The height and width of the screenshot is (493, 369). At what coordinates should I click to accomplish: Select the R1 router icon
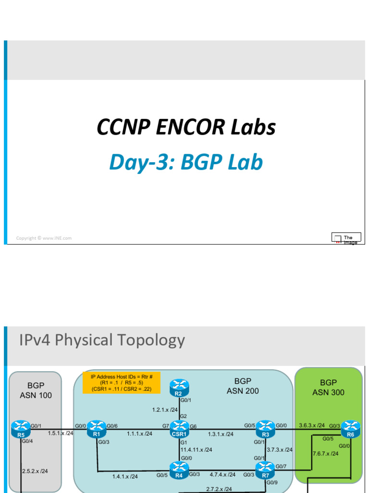97,427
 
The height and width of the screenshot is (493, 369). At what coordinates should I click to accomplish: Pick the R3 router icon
265,427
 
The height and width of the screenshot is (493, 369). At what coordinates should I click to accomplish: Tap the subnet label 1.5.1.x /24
61,433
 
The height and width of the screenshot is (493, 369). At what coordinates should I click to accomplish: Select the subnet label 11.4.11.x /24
196,450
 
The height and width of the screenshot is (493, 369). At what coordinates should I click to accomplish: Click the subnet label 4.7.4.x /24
222,474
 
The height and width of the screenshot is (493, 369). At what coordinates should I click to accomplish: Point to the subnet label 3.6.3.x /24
312,426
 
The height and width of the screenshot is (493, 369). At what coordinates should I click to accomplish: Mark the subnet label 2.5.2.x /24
35,471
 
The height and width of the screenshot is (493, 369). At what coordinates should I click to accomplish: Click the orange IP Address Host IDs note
121,382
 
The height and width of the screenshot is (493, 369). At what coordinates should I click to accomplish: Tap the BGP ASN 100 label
36,390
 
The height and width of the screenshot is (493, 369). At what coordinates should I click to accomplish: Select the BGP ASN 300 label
329,388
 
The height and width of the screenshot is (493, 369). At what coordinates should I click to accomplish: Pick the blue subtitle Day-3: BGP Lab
186,162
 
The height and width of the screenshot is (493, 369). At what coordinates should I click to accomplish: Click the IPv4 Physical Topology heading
102,340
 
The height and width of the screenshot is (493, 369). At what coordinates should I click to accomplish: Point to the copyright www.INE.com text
44,238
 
